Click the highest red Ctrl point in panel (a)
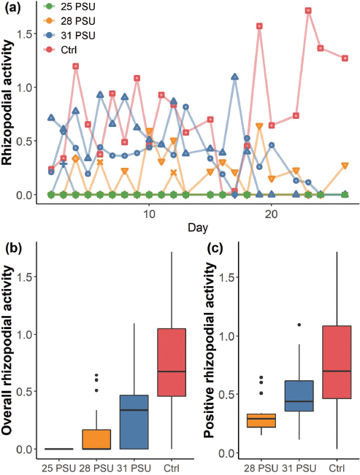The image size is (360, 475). pos(309,11)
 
